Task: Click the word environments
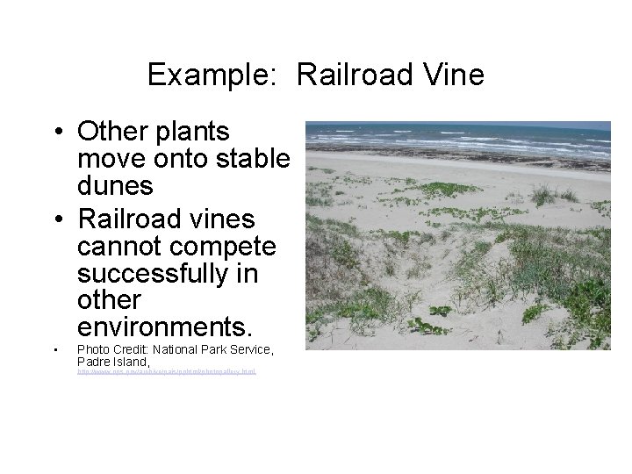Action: coord(165,328)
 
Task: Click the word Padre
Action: coord(95,362)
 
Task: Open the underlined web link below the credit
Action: coord(166,373)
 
